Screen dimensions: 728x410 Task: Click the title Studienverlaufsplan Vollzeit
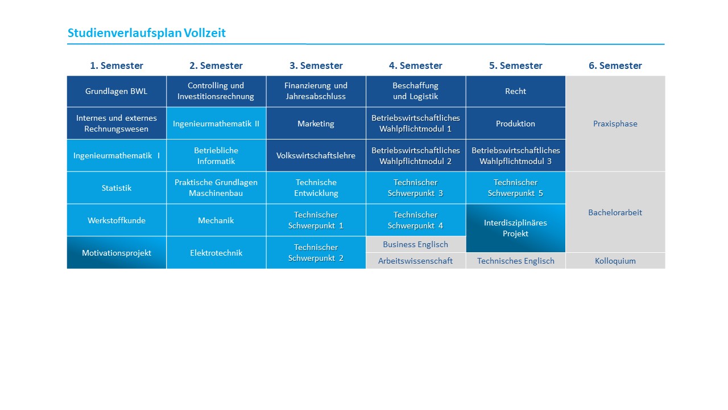(146, 33)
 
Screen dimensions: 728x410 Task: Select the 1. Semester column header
(117, 65)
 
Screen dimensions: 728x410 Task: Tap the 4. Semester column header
(415, 65)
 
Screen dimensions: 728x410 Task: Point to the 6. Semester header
(615, 65)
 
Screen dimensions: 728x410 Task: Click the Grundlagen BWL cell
(117, 91)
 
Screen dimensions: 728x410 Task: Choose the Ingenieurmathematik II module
(216, 124)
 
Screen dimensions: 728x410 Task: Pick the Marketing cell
(316, 124)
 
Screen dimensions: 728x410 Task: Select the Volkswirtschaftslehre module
(316, 155)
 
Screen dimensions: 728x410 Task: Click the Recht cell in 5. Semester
(515, 91)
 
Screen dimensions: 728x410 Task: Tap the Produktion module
(515, 124)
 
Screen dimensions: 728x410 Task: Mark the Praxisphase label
(615, 124)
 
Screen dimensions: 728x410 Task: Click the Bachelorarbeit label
(615, 212)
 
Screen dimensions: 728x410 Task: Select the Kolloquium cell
(615, 261)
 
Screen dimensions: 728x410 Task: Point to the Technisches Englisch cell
(515, 261)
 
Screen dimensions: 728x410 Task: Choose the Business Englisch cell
(415, 244)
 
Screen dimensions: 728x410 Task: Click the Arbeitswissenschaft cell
(415, 261)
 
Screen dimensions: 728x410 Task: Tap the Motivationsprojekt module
(117, 252)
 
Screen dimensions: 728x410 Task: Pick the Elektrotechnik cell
(216, 252)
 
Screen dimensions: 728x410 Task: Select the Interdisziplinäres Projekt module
(515, 228)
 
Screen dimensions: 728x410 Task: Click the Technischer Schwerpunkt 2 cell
(316, 252)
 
